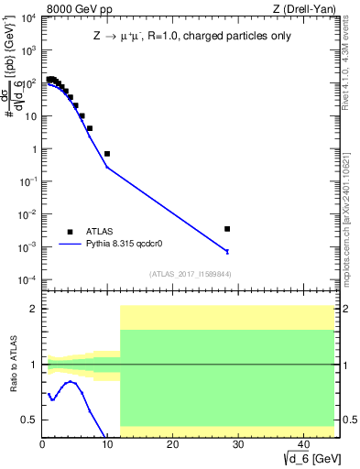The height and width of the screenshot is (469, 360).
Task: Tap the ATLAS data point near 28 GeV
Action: coord(227,229)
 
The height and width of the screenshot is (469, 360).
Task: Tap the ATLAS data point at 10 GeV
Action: coord(107,154)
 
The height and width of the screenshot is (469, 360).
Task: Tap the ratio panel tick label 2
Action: coord(34,310)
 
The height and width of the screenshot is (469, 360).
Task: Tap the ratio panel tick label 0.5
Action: coord(30,420)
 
